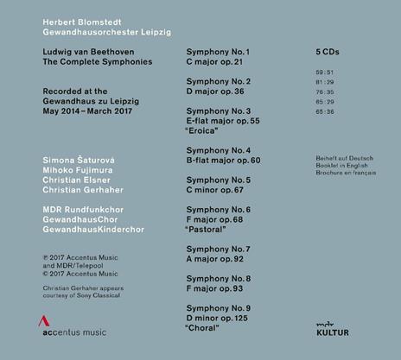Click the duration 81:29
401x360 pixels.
[x=326, y=80]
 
